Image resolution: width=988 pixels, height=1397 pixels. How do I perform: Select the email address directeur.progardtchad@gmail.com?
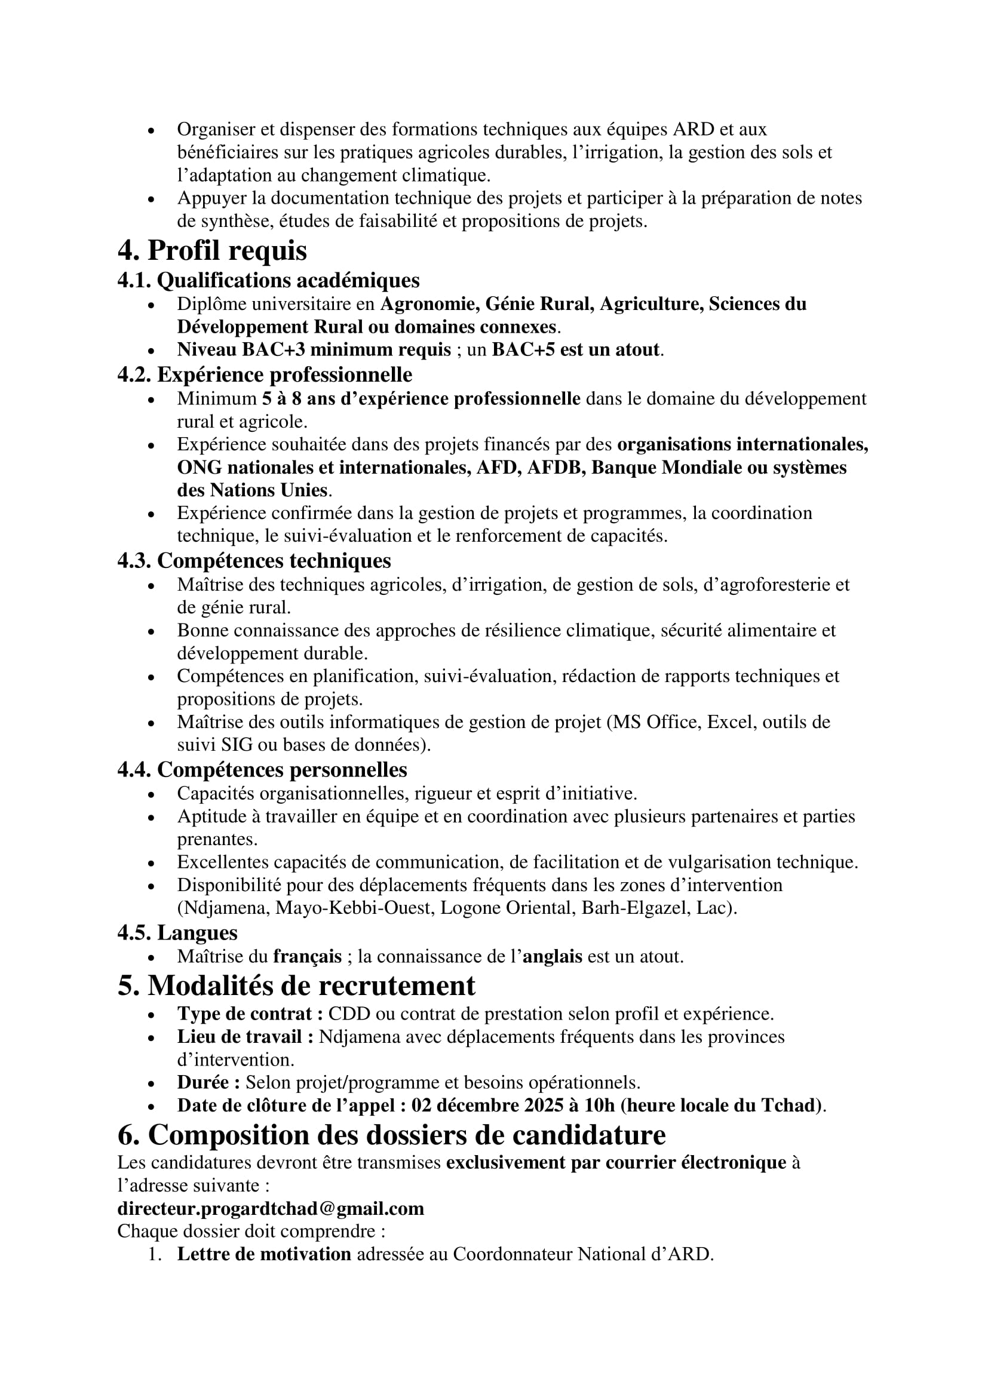270,1208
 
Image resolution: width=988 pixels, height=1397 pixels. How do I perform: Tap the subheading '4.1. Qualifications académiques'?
268,280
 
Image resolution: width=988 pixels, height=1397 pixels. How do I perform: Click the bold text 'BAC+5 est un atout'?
575,350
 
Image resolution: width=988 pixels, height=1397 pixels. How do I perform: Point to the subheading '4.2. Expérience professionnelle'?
265,374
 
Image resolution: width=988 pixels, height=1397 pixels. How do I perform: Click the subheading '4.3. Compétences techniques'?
254,560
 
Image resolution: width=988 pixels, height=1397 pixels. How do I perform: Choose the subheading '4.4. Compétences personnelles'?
262,770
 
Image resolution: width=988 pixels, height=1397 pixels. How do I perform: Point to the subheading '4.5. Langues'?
177,932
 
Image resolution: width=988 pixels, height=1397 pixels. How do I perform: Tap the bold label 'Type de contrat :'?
250,1014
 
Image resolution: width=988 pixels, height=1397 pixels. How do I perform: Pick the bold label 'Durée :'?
208,1082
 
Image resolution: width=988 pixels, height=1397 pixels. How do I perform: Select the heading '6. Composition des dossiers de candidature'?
391,1135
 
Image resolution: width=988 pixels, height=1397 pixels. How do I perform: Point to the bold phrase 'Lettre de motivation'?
264,1254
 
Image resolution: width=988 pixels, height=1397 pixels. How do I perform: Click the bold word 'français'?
307,956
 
